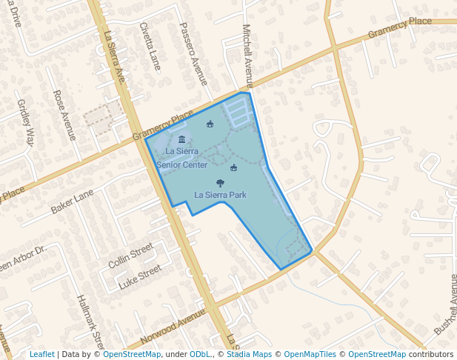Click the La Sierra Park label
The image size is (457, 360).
[220, 195]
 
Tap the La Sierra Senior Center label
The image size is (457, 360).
[182, 158]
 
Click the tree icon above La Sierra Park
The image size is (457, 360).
[220, 182]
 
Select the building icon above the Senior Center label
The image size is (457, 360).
[182, 140]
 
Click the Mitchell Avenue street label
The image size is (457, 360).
[248, 56]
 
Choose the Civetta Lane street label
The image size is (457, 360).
[150, 46]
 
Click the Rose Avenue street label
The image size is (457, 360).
[64, 115]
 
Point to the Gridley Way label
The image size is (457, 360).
[26, 123]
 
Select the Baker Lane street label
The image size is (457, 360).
[72, 201]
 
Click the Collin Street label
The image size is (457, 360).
[130, 254]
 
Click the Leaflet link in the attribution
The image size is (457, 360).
[41, 354]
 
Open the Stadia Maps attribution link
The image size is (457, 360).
[248, 354]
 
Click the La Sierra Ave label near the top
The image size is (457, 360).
[116, 56]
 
